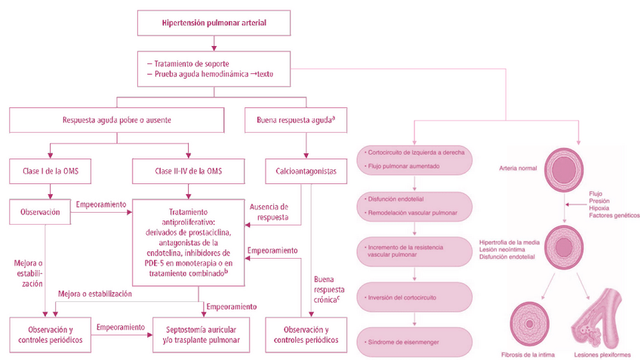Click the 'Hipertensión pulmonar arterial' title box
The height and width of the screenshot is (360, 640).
point(214,23)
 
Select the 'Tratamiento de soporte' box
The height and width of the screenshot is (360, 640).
point(214,68)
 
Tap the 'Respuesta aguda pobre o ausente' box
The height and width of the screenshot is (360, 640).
point(117,119)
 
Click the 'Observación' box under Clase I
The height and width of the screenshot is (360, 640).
point(38,213)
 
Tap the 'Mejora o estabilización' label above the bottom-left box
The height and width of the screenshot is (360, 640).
point(95,294)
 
